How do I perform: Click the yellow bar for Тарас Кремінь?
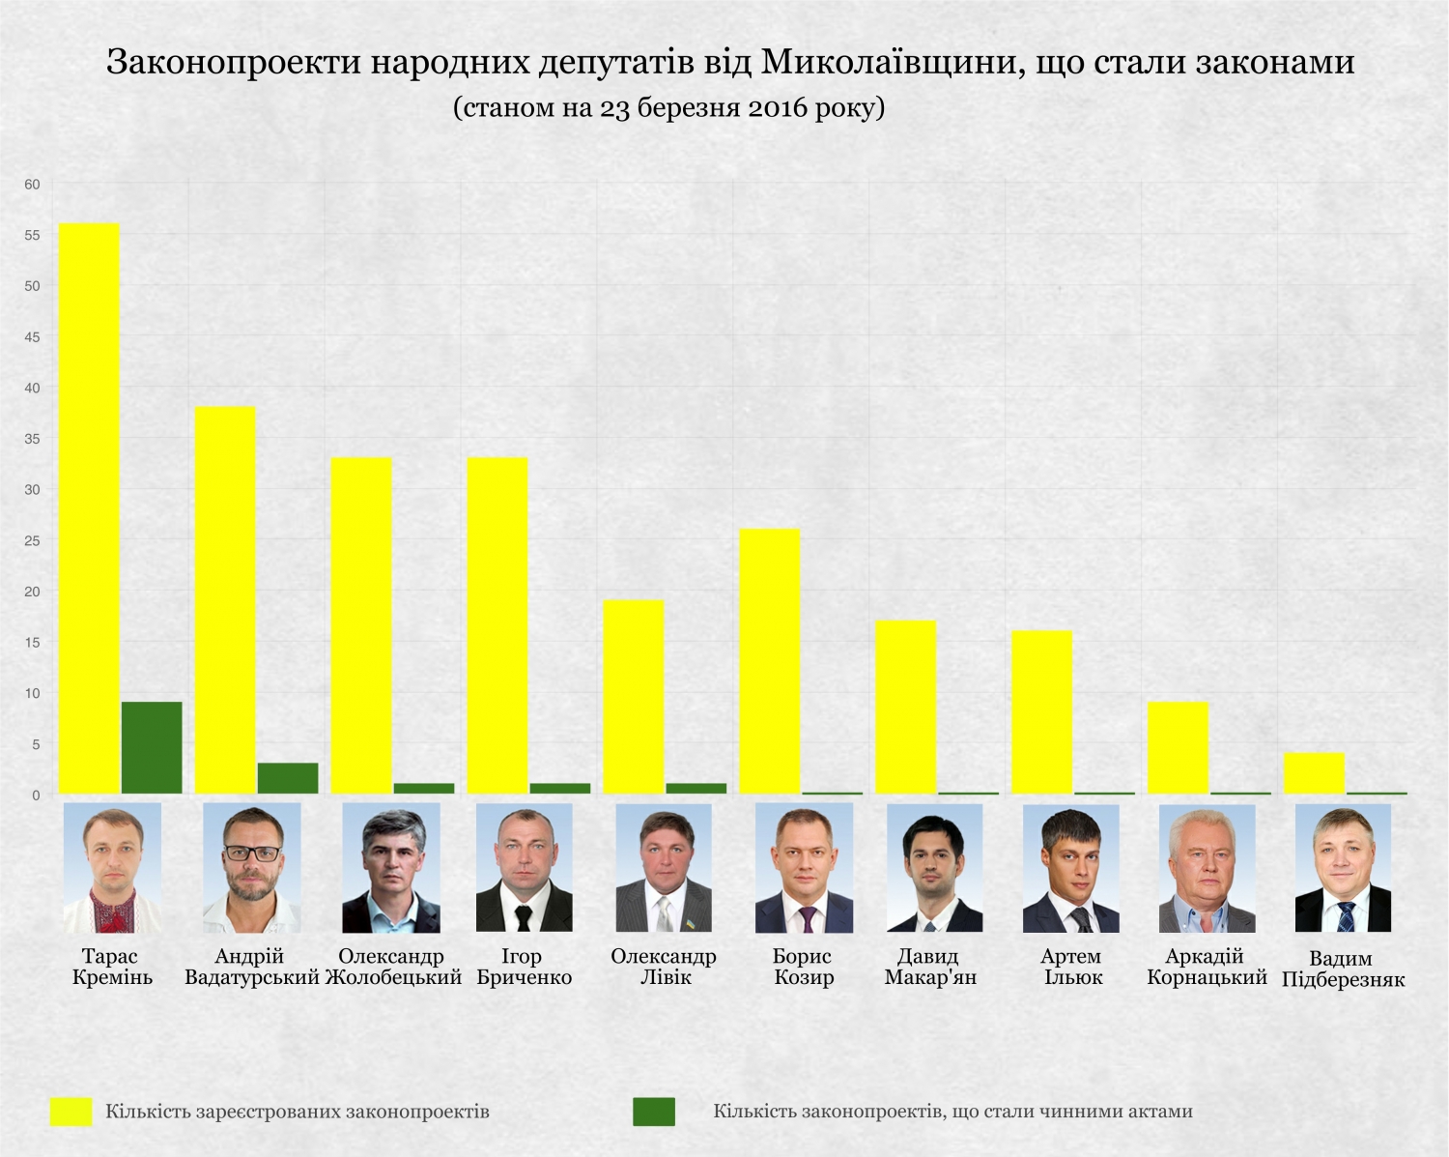(x=89, y=508)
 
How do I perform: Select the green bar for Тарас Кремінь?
(x=152, y=747)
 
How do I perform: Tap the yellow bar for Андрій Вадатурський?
(x=225, y=600)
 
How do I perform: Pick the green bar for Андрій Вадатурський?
(x=288, y=778)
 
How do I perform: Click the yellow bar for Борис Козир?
(x=769, y=661)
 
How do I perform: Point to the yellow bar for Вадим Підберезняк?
(x=1314, y=773)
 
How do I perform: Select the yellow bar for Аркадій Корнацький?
(x=1178, y=747)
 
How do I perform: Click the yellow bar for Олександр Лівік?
(x=633, y=697)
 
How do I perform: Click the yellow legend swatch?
(x=71, y=1112)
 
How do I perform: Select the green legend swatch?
(x=654, y=1112)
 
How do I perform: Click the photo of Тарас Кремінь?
(x=112, y=867)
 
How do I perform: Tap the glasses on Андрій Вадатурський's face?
(x=252, y=853)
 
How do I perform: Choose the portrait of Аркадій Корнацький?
(x=1207, y=868)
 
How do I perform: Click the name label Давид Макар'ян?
(x=930, y=967)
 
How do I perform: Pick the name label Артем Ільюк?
(x=1071, y=967)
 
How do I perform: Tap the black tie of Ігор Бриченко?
(x=523, y=917)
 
